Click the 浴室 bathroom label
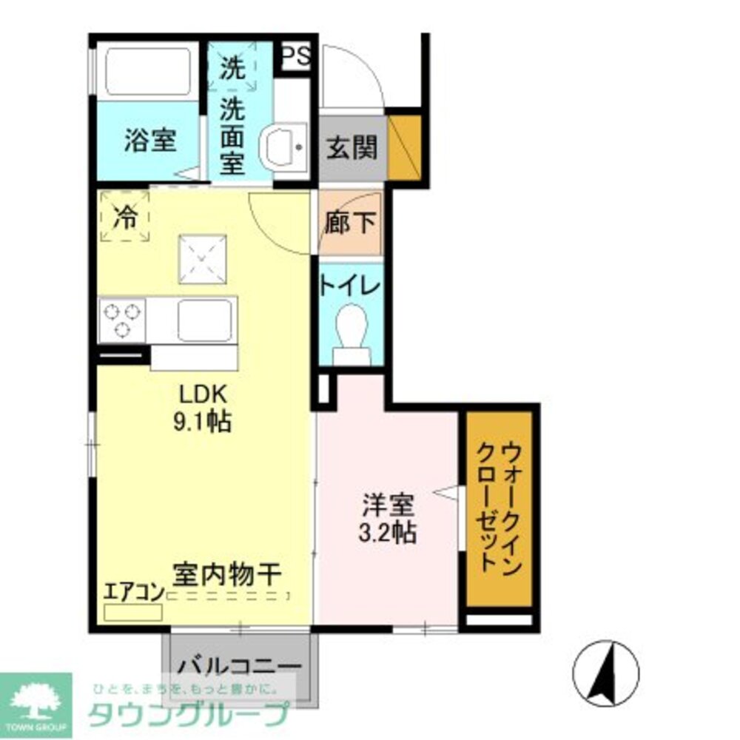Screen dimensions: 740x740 [x=150, y=141]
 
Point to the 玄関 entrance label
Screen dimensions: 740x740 [x=351, y=148]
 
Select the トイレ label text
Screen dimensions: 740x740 [x=351, y=285]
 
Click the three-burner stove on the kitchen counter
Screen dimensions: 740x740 [x=122, y=320]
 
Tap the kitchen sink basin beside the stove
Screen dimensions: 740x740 [x=205, y=320]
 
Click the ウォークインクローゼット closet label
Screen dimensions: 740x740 [x=500, y=507]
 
